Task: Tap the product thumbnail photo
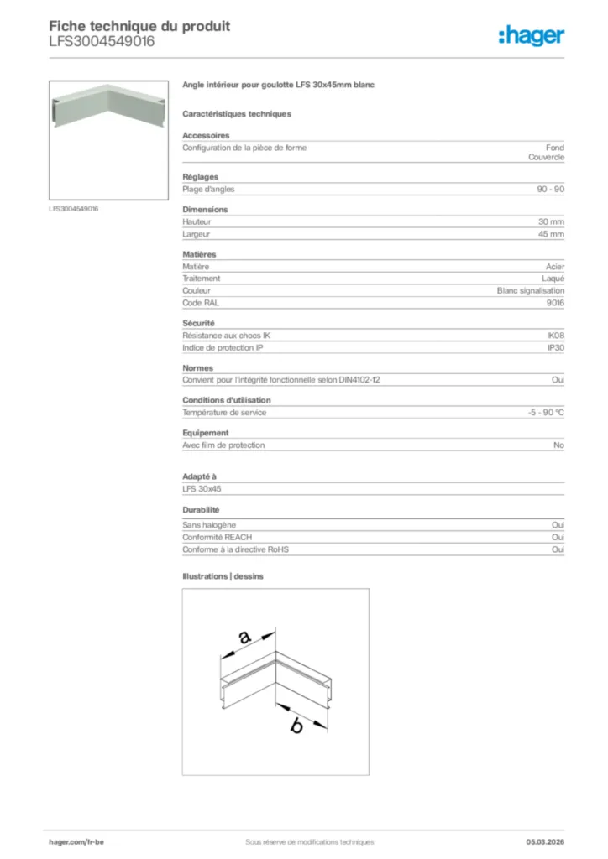point(109,140)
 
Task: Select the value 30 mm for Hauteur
point(551,221)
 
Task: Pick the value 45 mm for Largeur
point(551,234)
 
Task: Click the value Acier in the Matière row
point(555,266)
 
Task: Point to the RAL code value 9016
point(554,302)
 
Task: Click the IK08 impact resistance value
point(555,335)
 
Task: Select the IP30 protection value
point(555,347)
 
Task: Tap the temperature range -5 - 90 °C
point(540,413)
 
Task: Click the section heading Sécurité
point(198,323)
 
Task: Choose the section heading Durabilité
point(201,510)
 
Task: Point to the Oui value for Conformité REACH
point(558,537)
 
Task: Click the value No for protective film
point(558,445)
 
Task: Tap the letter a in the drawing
point(244,638)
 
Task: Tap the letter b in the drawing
point(296,726)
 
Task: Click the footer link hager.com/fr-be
point(76,841)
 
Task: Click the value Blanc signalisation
point(531,290)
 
